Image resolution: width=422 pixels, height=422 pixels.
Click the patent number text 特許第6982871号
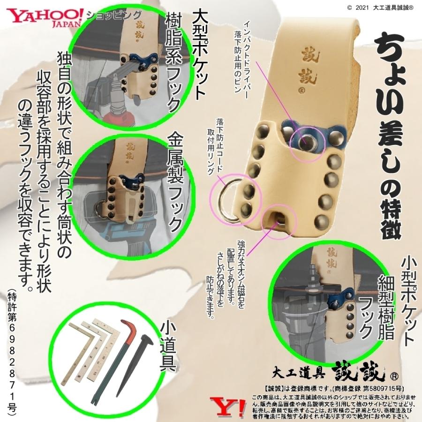pyautogui.click(x=12, y=352)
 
